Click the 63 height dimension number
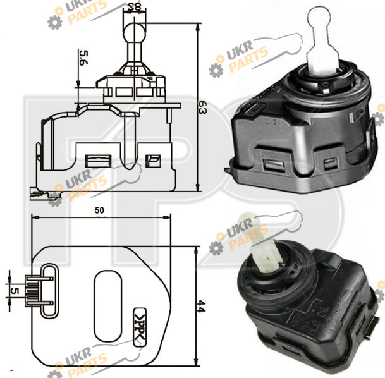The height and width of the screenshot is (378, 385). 203,107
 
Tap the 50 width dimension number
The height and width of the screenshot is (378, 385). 99,210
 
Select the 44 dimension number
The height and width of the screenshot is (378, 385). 201,306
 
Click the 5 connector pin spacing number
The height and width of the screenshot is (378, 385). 15,291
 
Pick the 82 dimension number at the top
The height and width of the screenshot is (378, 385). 135,6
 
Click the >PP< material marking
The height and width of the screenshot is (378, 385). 140,327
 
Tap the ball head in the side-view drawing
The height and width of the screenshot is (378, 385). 134,32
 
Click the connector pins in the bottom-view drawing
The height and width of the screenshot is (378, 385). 39,291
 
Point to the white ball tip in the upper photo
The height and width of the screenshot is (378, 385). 319,18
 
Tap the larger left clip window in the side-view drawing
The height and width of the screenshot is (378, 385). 98,161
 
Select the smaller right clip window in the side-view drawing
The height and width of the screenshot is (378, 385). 153,161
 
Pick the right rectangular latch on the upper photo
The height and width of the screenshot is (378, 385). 331,164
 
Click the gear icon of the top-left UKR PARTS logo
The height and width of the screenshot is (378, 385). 55,22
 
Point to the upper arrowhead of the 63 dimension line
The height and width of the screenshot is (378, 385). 198,27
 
